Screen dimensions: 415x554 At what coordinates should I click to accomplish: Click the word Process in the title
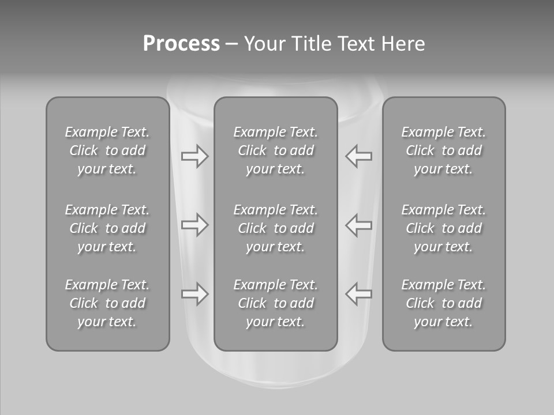click(x=181, y=44)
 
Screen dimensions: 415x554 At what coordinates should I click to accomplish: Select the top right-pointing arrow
click(x=194, y=156)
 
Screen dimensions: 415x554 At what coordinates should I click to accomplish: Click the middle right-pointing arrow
click(x=194, y=225)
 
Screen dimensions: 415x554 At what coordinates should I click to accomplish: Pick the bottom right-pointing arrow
click(x=194, y=294)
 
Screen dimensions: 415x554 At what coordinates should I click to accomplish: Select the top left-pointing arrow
click(x=359, y=156)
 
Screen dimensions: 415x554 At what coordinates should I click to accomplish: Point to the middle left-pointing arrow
click(x=359, y=225)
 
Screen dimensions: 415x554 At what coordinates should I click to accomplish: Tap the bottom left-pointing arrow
click(x=359, y=294)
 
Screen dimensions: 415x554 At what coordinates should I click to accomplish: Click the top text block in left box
click(x=107, y=150)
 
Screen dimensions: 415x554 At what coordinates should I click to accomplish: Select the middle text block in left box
click(x=107, y=228)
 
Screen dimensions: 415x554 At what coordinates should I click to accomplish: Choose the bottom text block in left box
click(x=107, y=303)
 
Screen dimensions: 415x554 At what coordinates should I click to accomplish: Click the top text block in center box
click(x=276, y=150)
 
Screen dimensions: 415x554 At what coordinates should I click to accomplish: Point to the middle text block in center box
click(x=276, y=228)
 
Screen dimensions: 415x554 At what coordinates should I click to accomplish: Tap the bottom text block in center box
click(x=276, y=303)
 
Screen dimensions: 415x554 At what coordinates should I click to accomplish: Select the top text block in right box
click(x=444, y=150)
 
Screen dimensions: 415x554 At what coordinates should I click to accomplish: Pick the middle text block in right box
click(x=444, y=228)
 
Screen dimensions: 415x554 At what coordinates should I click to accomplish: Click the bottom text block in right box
click(x=444, y=303)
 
